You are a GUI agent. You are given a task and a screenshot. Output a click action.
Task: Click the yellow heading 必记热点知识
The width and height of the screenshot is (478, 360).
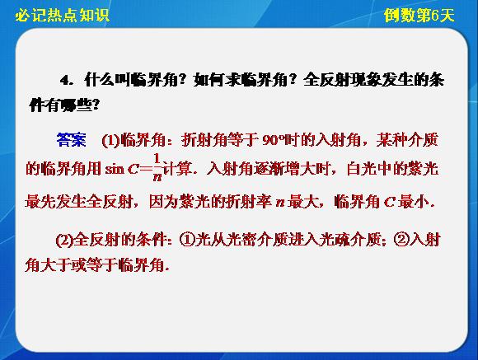[63, 16]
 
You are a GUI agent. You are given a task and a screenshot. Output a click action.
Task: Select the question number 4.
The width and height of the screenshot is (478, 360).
[64, 81]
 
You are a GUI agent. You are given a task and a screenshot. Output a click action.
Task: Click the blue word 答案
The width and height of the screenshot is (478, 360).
[72, 140]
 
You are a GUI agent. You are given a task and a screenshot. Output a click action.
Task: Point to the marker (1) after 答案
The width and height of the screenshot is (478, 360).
[110, 141]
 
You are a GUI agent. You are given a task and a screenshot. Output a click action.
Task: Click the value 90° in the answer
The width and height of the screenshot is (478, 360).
[273, 141]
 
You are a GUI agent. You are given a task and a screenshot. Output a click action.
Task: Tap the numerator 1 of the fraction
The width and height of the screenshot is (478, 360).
[157, 159]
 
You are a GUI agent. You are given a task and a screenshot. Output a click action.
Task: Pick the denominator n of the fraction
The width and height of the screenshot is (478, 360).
[157, 177]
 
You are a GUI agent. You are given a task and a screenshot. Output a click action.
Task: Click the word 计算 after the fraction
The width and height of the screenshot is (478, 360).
[178, 169]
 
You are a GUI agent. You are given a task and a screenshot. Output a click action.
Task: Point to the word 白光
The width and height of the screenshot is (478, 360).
[362, 169]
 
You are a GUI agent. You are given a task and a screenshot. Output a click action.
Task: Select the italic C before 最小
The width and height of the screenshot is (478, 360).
[390, 202]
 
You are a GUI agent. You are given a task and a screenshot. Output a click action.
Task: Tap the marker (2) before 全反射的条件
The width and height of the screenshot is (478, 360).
[64, 240]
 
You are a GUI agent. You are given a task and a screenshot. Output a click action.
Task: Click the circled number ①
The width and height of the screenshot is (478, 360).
[188, 240]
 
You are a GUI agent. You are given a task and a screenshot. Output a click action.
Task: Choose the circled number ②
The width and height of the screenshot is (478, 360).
[402, 240]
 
